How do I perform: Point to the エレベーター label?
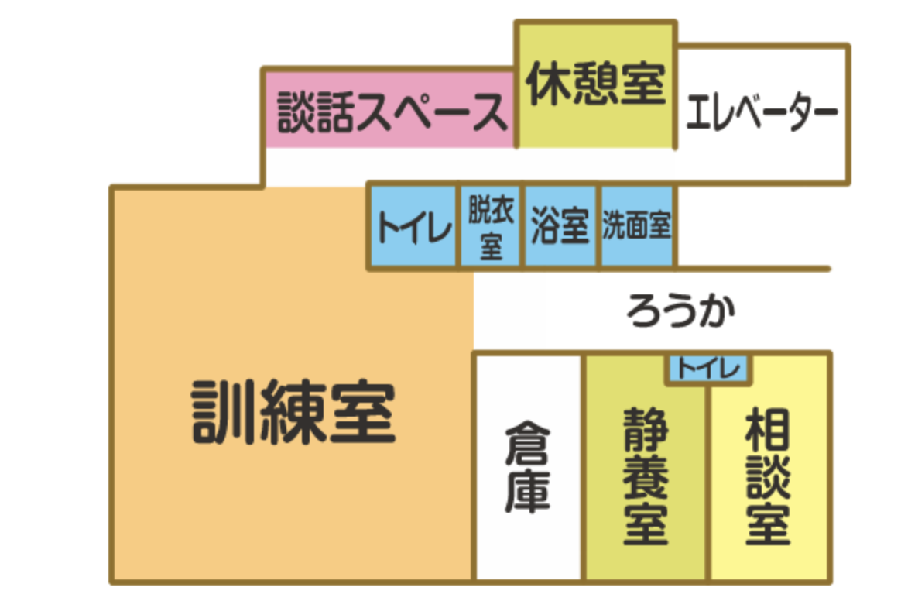762,114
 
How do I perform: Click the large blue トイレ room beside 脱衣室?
414,227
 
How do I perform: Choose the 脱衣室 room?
492,227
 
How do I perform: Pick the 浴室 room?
561,227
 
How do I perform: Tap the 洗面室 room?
636,226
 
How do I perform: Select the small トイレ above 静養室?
708,369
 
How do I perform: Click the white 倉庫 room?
527,468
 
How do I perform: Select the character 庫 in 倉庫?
527,493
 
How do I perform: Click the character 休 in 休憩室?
549,84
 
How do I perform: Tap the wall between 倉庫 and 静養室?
584,468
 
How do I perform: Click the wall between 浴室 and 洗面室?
599,227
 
